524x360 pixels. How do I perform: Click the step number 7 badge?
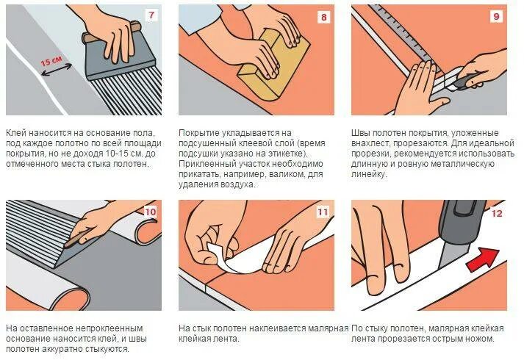coord(151,15)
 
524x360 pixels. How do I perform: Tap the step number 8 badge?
coord(323,17)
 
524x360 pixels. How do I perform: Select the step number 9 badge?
coord(496,16)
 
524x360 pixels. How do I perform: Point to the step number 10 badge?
coord(151,212)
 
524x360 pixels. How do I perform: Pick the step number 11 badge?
coord(323,212)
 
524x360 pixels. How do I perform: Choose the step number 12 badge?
coord(497,213)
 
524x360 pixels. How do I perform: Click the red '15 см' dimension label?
coord(51,60)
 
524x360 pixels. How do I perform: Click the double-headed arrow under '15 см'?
coord(56,70)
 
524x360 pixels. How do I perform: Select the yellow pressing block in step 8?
coord(270,67)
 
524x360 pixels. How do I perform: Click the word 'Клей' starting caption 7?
coord(15,133)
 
